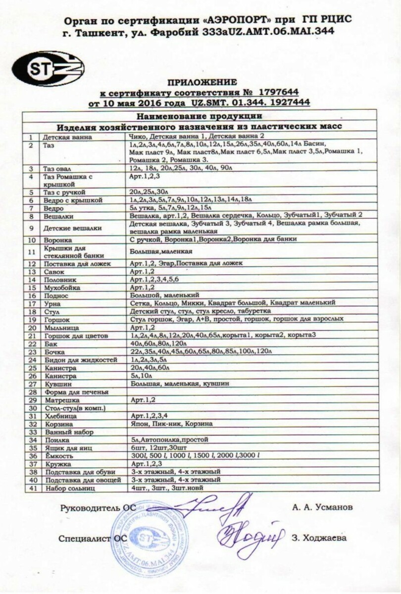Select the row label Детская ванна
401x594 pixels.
click(x=63, y=136)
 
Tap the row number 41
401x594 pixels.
click(x=33, y=488)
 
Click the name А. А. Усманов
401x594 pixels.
click(x=322, y=507)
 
